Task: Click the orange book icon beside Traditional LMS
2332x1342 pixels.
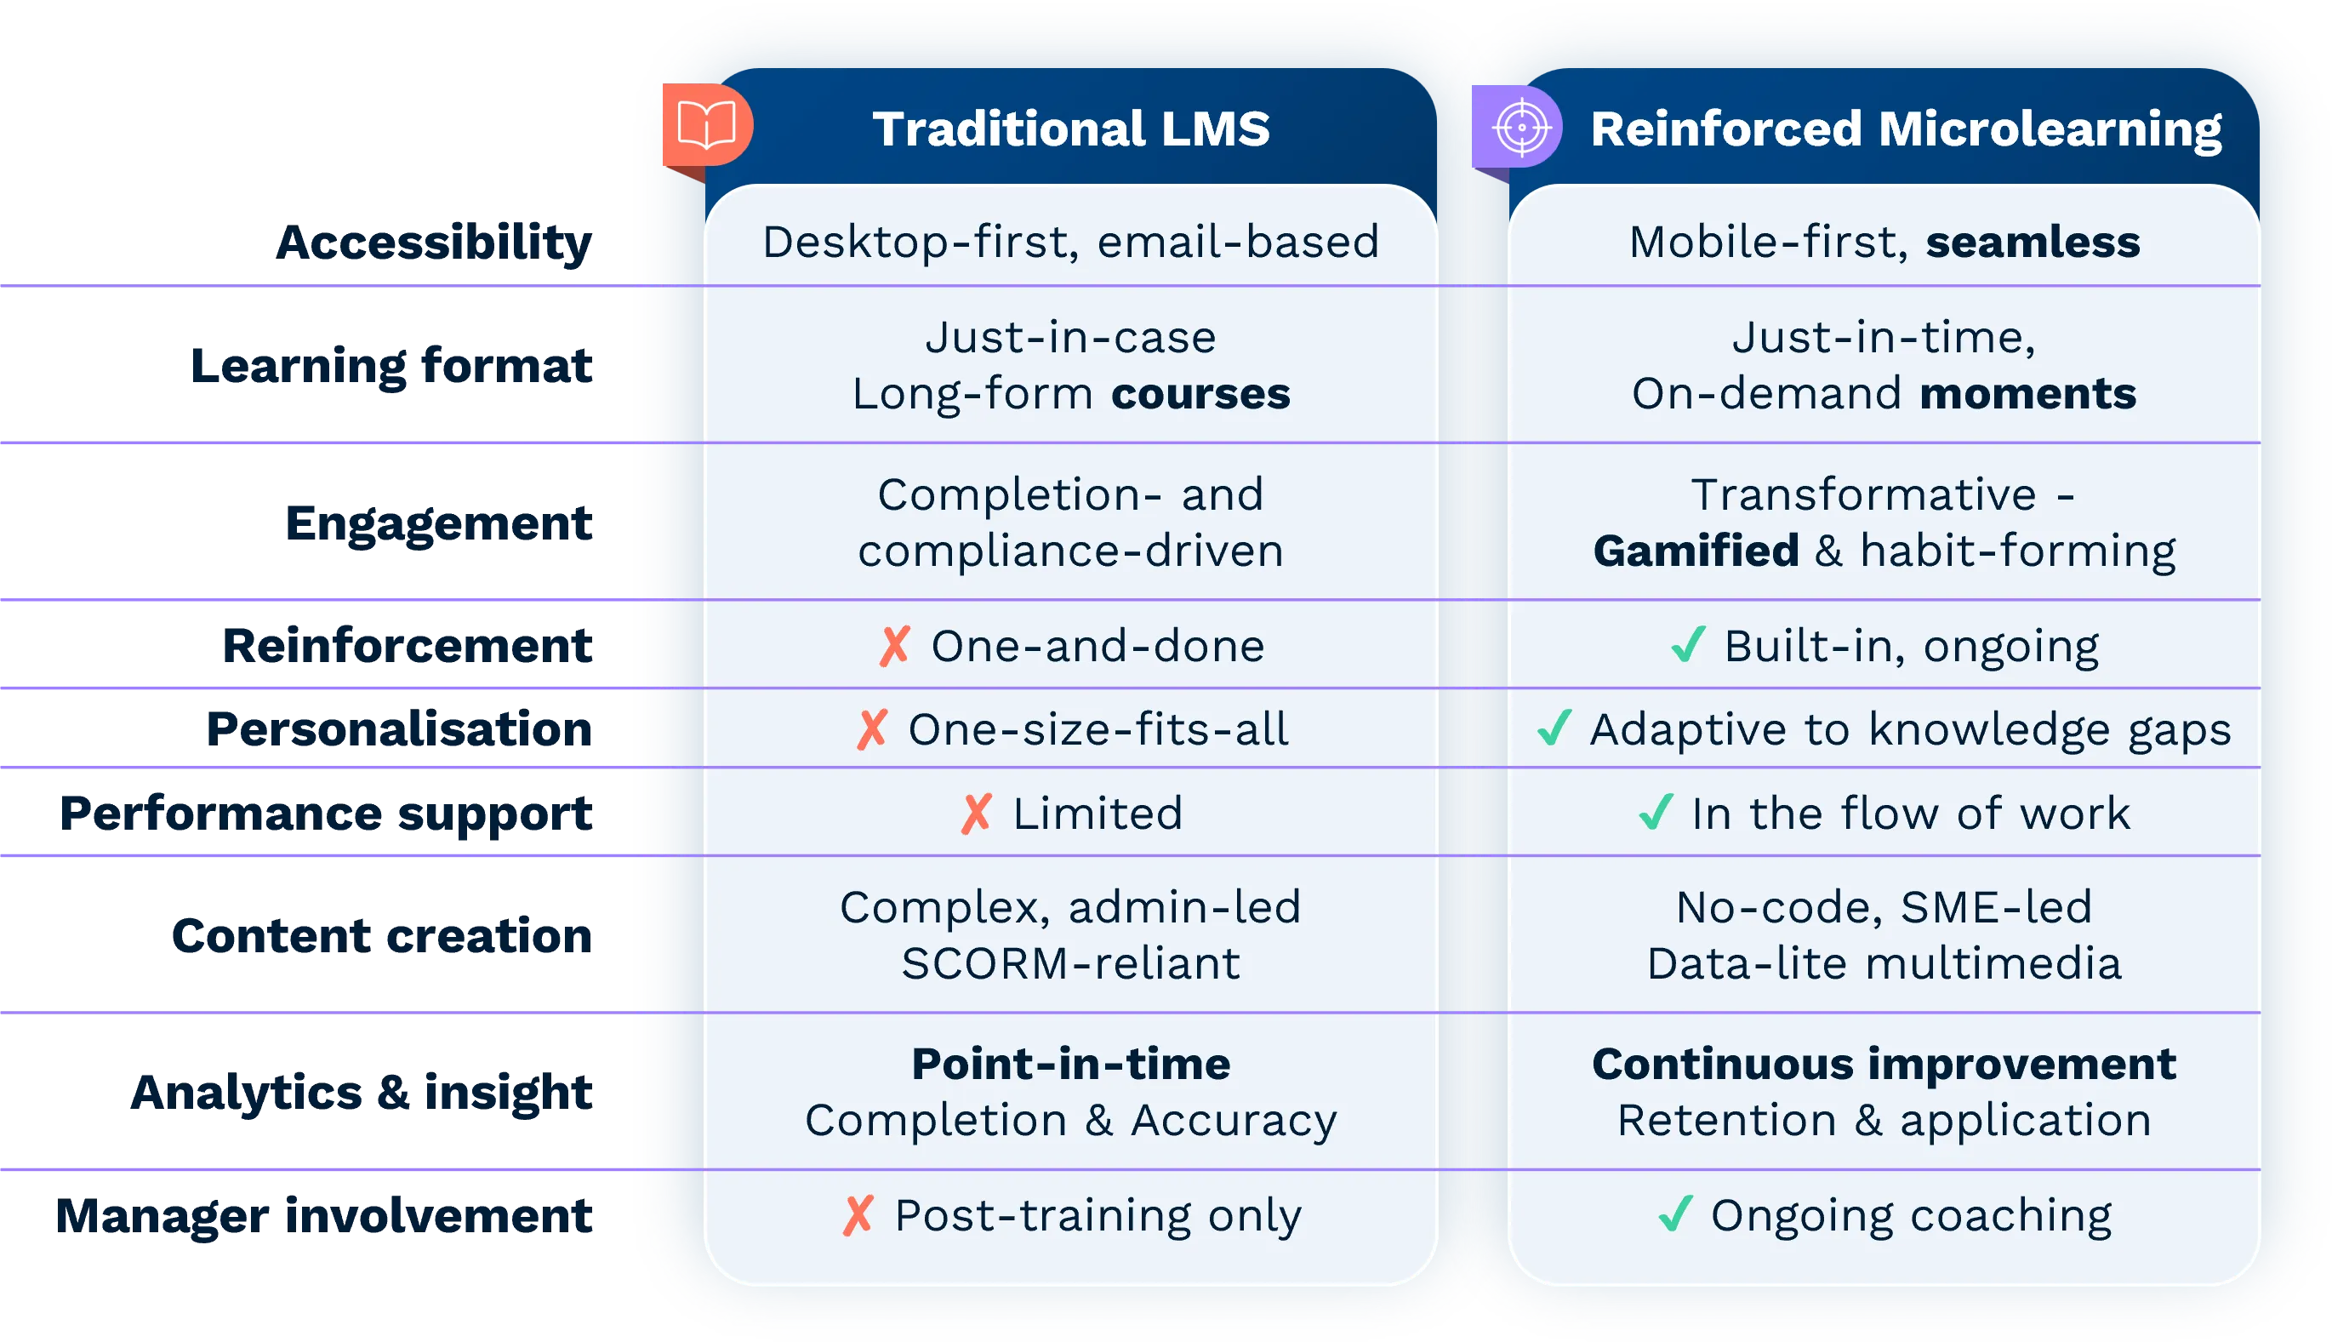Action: pos(707,125)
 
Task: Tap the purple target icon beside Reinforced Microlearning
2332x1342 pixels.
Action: pos(1521,127)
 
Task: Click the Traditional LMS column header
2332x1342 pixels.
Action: pos(1070,128)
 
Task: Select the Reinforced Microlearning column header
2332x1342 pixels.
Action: pos(1906,128)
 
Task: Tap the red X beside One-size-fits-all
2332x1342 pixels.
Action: pos(871,729)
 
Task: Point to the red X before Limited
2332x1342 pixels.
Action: pos(976,813)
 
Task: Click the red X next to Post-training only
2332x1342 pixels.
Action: pos(858,1215)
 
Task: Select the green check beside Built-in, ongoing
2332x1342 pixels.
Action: pos(1688,645)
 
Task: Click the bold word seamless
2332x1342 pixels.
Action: pos(2033,243)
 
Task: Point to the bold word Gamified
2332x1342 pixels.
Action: pos(1696,551)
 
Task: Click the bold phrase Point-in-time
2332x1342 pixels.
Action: pos(1070,1064)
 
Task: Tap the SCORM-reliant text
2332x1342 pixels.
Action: pos(1070,964)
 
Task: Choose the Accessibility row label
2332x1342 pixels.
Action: pos(434,243)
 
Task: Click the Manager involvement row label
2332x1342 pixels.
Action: pos(323,1215)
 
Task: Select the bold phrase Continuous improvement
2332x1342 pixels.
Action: pos(1884,1064)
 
